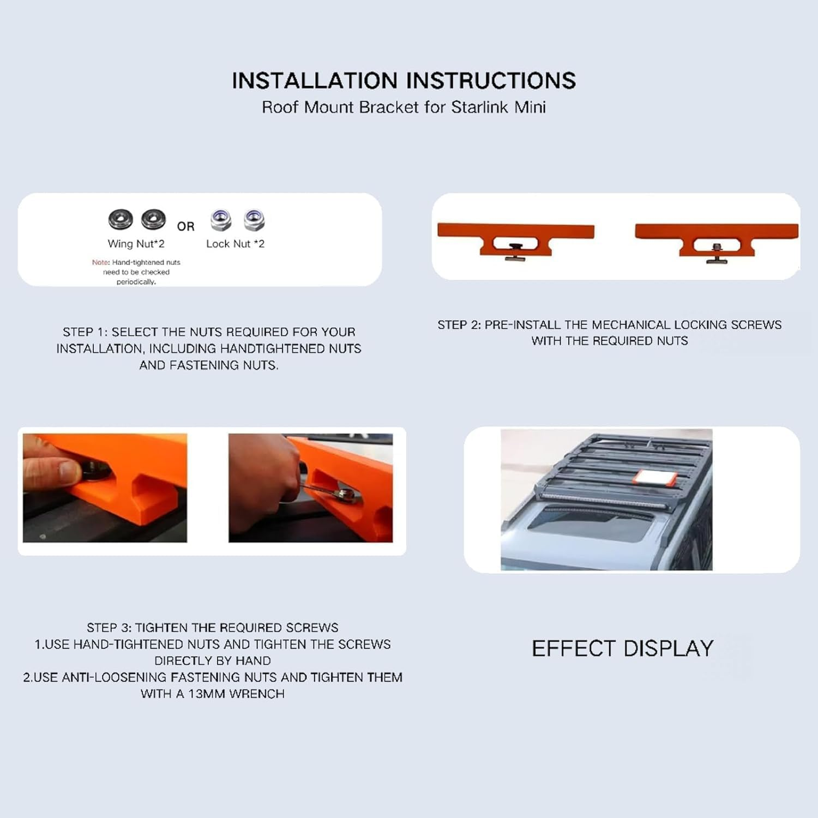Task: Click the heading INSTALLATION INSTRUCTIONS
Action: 404,81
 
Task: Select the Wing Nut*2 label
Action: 136,244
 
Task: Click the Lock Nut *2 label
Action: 235,244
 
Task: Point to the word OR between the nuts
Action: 185,226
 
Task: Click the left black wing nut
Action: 121,219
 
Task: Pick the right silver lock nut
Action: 254,220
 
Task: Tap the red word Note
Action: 100,262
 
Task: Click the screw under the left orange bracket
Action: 515,252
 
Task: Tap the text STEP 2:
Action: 459,325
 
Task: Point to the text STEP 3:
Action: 109,628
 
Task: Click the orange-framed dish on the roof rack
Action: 655,478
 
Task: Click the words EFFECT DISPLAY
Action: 623,648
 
